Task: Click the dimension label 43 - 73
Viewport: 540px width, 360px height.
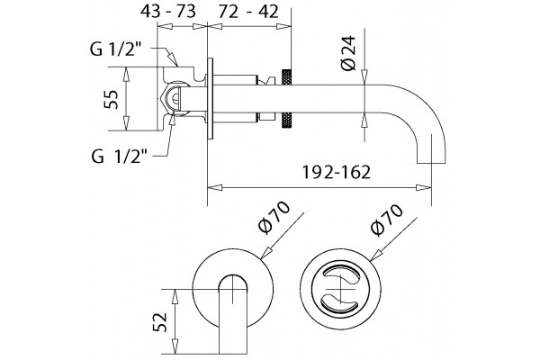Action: tap(167, 12)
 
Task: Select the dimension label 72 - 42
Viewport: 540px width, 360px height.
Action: tap(248, 12)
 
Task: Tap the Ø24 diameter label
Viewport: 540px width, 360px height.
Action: tap(348, 53)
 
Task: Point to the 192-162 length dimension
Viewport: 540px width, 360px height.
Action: tap(336, 172)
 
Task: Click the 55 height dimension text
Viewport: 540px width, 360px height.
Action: tap(112, 99)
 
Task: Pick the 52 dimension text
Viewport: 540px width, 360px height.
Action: tap(160, 322)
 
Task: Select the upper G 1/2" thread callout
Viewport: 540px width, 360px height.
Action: tap(116, 49)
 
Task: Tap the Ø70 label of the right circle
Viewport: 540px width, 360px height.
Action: tap(386, 220)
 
